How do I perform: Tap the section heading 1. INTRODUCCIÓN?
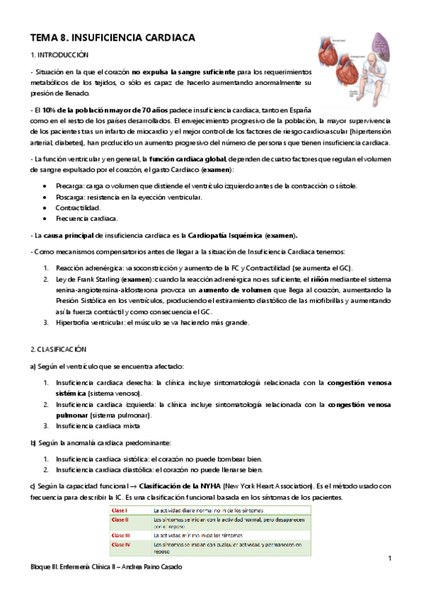coord(60,55)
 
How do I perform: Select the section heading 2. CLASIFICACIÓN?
coord(58,349)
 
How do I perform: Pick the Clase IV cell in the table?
coord(121,544)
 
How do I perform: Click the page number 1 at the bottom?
coord(389,558)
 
